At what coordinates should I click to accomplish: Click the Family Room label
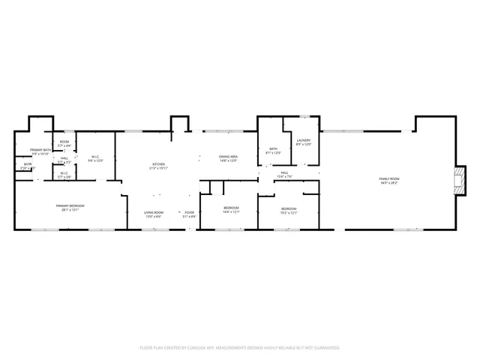click(389, 178)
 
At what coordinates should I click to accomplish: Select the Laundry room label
click(303, 140)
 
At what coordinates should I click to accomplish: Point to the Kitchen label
click(159, 164)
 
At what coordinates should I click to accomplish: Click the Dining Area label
click(228, 156)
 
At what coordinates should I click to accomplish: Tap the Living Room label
click(154, 212)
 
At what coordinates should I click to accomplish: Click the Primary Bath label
click(30, 150)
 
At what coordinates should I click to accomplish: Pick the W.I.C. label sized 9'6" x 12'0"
click(95, 157)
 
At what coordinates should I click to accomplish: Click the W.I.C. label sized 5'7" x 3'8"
click(64, 173)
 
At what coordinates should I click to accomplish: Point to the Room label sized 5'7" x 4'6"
click(64, 142)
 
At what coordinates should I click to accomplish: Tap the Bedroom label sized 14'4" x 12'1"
click(231, 208)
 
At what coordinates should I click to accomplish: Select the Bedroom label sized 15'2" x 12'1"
click(289, 208)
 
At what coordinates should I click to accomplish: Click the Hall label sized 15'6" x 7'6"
click(285, 173)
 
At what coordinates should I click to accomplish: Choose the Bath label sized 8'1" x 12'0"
click(274, 148)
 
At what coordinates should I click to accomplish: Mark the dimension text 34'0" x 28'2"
click(389, 182)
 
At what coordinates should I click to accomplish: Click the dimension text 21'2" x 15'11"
click(159, 168)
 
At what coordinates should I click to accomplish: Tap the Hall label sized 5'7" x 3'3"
click(64, 158)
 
